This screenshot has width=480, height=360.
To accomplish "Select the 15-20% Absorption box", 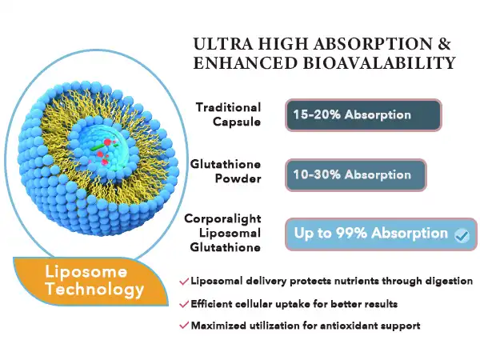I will (362, 115).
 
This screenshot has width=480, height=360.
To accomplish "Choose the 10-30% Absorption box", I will (356, 175).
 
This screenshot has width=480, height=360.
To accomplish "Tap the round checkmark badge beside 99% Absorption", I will (461, 235).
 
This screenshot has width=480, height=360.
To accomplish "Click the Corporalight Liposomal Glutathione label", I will (222, 233).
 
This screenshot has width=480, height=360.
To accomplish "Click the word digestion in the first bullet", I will (446, 282).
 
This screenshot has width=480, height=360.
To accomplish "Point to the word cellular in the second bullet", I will (267, 304).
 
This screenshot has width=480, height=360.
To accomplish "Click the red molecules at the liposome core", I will (106, 145).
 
